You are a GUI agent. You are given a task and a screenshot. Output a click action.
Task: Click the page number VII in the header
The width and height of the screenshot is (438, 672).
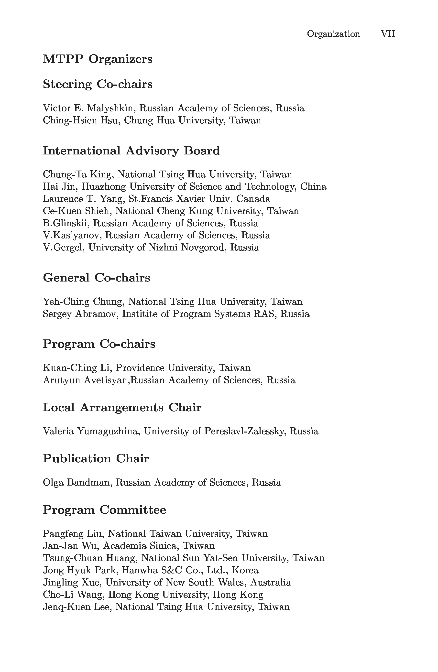click(387, 34)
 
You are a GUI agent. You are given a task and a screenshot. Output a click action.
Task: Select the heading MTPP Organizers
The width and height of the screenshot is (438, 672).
click(98, 59)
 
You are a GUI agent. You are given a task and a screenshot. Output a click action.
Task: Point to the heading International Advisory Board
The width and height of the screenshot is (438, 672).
click(131, 151)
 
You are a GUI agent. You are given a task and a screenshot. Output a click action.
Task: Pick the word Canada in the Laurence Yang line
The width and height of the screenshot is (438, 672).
click(253, 199)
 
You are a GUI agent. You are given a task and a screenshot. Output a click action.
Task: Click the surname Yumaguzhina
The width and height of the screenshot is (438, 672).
click(108, 431)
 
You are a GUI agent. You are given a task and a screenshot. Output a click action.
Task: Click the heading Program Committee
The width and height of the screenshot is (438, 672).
click(104, 510)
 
